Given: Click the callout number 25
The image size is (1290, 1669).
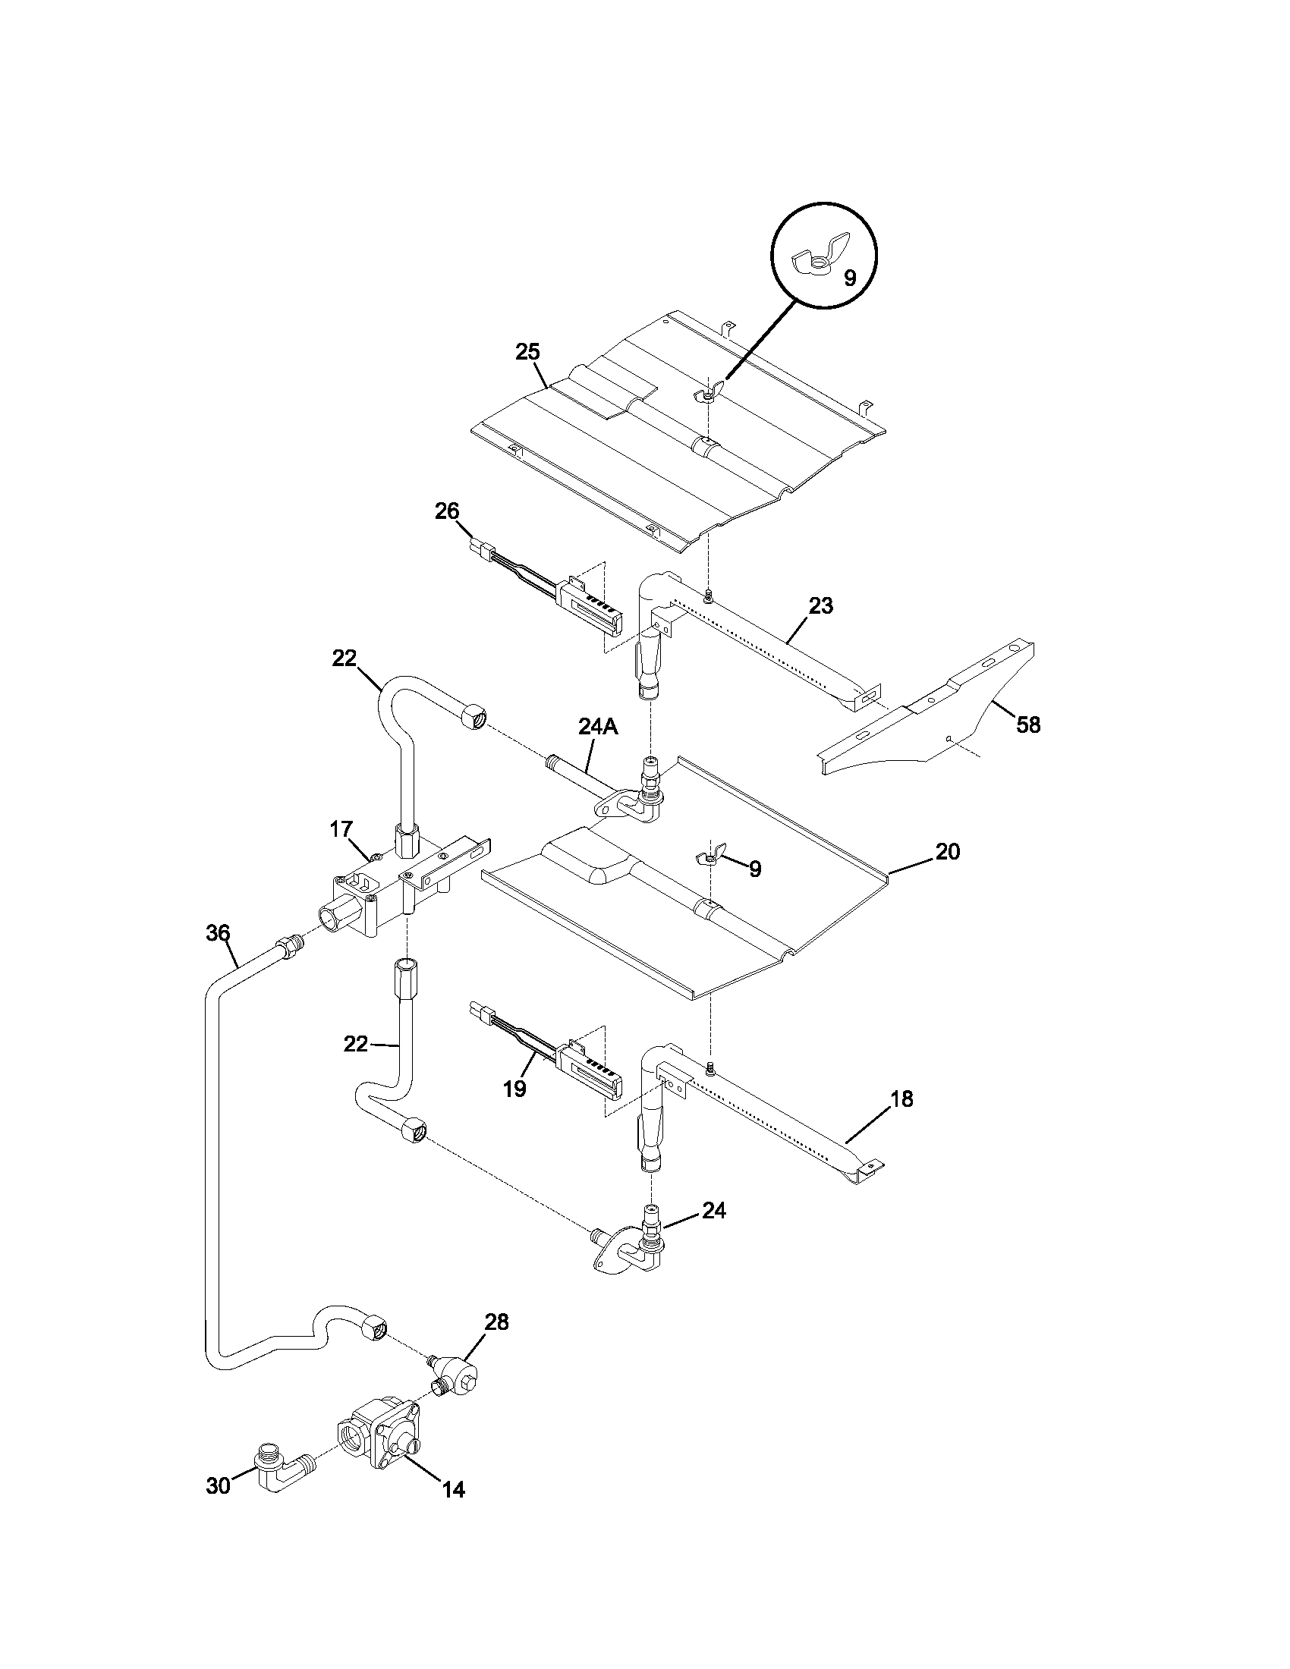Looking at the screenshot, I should click(x=527, y=352).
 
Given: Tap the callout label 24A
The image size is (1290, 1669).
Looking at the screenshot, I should click(x=598, y=727).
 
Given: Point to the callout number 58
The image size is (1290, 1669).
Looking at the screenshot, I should click(x=1028, y=724).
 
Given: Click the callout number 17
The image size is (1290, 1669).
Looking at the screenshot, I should click(x=341, y=829).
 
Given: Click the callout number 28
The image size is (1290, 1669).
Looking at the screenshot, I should click(x=497, y=1322).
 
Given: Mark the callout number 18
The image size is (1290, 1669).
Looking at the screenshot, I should click(x=901, y=1099).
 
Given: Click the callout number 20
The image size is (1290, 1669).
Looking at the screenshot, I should click(x=948, y=852).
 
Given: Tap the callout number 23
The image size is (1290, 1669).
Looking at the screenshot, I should click(x=821, y=606).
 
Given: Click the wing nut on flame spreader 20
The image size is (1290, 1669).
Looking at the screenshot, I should click(x=708, y=859).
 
